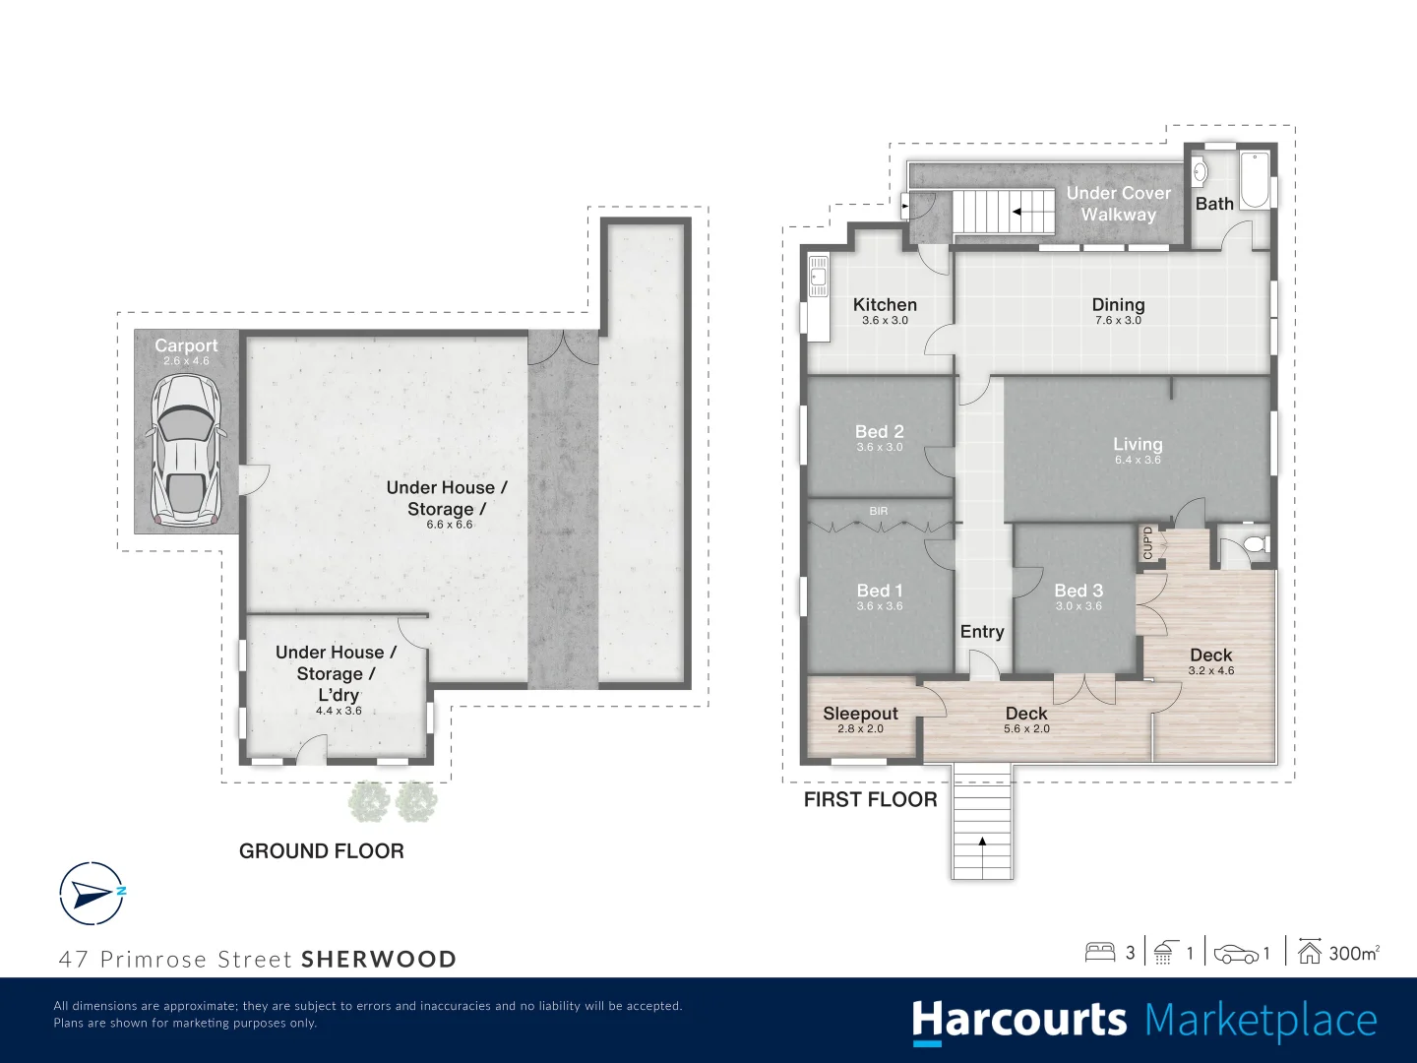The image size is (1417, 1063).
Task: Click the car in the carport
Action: point(185,450)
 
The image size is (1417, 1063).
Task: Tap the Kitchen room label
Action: point(885,305)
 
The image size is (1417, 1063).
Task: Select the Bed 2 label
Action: point(879,432)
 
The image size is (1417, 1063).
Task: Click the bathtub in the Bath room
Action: point(1255,180)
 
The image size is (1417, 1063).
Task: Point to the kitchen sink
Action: point(818,276)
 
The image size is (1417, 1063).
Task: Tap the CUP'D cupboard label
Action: point(1147,543)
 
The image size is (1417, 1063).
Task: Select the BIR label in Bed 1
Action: point(879,511)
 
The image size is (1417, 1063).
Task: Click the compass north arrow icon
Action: point(93,894)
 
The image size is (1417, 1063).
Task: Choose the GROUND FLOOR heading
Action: point(322,851)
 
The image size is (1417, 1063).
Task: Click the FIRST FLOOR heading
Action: point(870,800)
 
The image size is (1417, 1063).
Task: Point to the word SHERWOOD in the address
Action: point(379,960)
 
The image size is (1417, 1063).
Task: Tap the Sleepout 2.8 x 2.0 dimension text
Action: point(860,729)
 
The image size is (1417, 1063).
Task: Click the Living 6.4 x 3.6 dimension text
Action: point(1138,460)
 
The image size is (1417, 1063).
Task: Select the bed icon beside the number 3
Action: point(1099,952)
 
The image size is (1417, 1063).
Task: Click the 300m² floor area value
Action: point(1353,953)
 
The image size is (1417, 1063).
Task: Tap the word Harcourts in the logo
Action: point(1018,1021)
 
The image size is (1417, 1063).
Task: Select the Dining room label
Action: point(1118,305)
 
